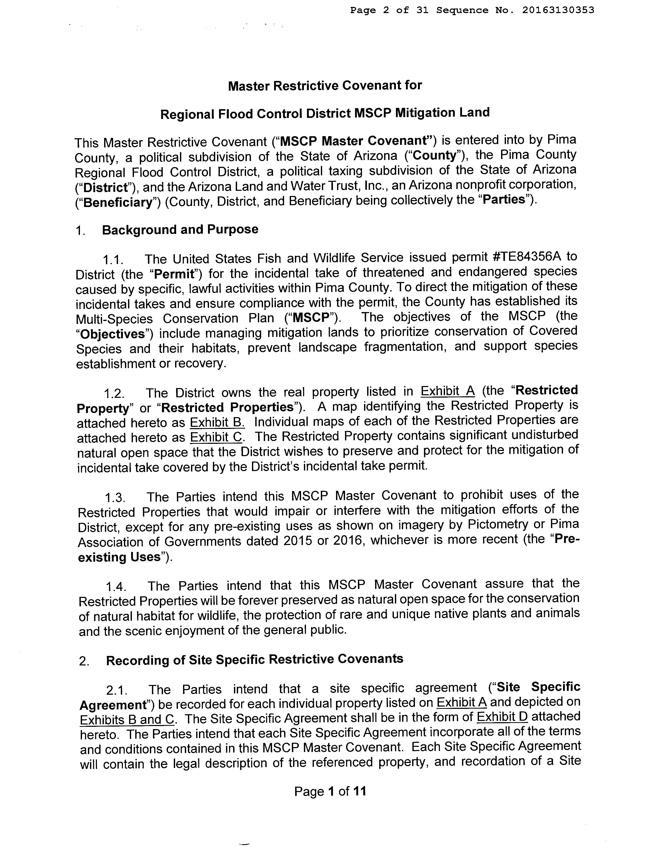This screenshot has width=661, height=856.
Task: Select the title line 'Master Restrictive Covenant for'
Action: tap(325, 86)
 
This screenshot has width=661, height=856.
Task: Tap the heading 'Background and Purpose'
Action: tap(180, 229)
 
